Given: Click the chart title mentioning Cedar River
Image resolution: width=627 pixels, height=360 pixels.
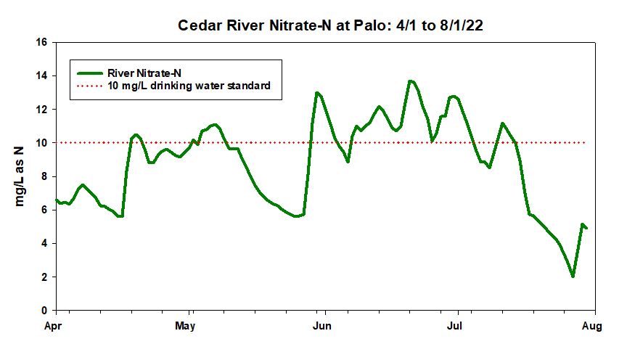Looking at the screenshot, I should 332,26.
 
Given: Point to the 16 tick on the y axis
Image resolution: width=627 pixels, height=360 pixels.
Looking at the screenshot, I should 42,42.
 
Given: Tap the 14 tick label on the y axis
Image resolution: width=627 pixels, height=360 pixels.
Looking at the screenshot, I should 42,75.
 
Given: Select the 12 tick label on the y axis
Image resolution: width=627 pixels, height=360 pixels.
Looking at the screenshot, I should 42,109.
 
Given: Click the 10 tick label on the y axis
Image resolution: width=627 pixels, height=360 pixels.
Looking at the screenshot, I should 42,143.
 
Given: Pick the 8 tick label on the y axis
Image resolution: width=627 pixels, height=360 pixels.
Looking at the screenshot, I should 44,176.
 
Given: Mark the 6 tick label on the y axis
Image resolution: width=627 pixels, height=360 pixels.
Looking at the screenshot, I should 44,210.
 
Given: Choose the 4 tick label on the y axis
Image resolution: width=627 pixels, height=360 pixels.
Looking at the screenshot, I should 44,243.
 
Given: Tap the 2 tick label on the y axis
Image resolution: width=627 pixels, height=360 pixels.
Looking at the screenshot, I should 44,277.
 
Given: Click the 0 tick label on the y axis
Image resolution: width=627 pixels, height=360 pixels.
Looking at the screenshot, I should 44,311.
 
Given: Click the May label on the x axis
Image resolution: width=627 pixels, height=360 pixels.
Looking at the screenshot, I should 187,326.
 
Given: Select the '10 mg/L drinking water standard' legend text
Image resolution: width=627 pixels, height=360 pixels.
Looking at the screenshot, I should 189,86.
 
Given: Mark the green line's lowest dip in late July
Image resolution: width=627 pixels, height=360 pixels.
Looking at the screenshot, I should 573,276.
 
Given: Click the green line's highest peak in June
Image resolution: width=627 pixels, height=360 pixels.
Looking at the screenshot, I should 411,81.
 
